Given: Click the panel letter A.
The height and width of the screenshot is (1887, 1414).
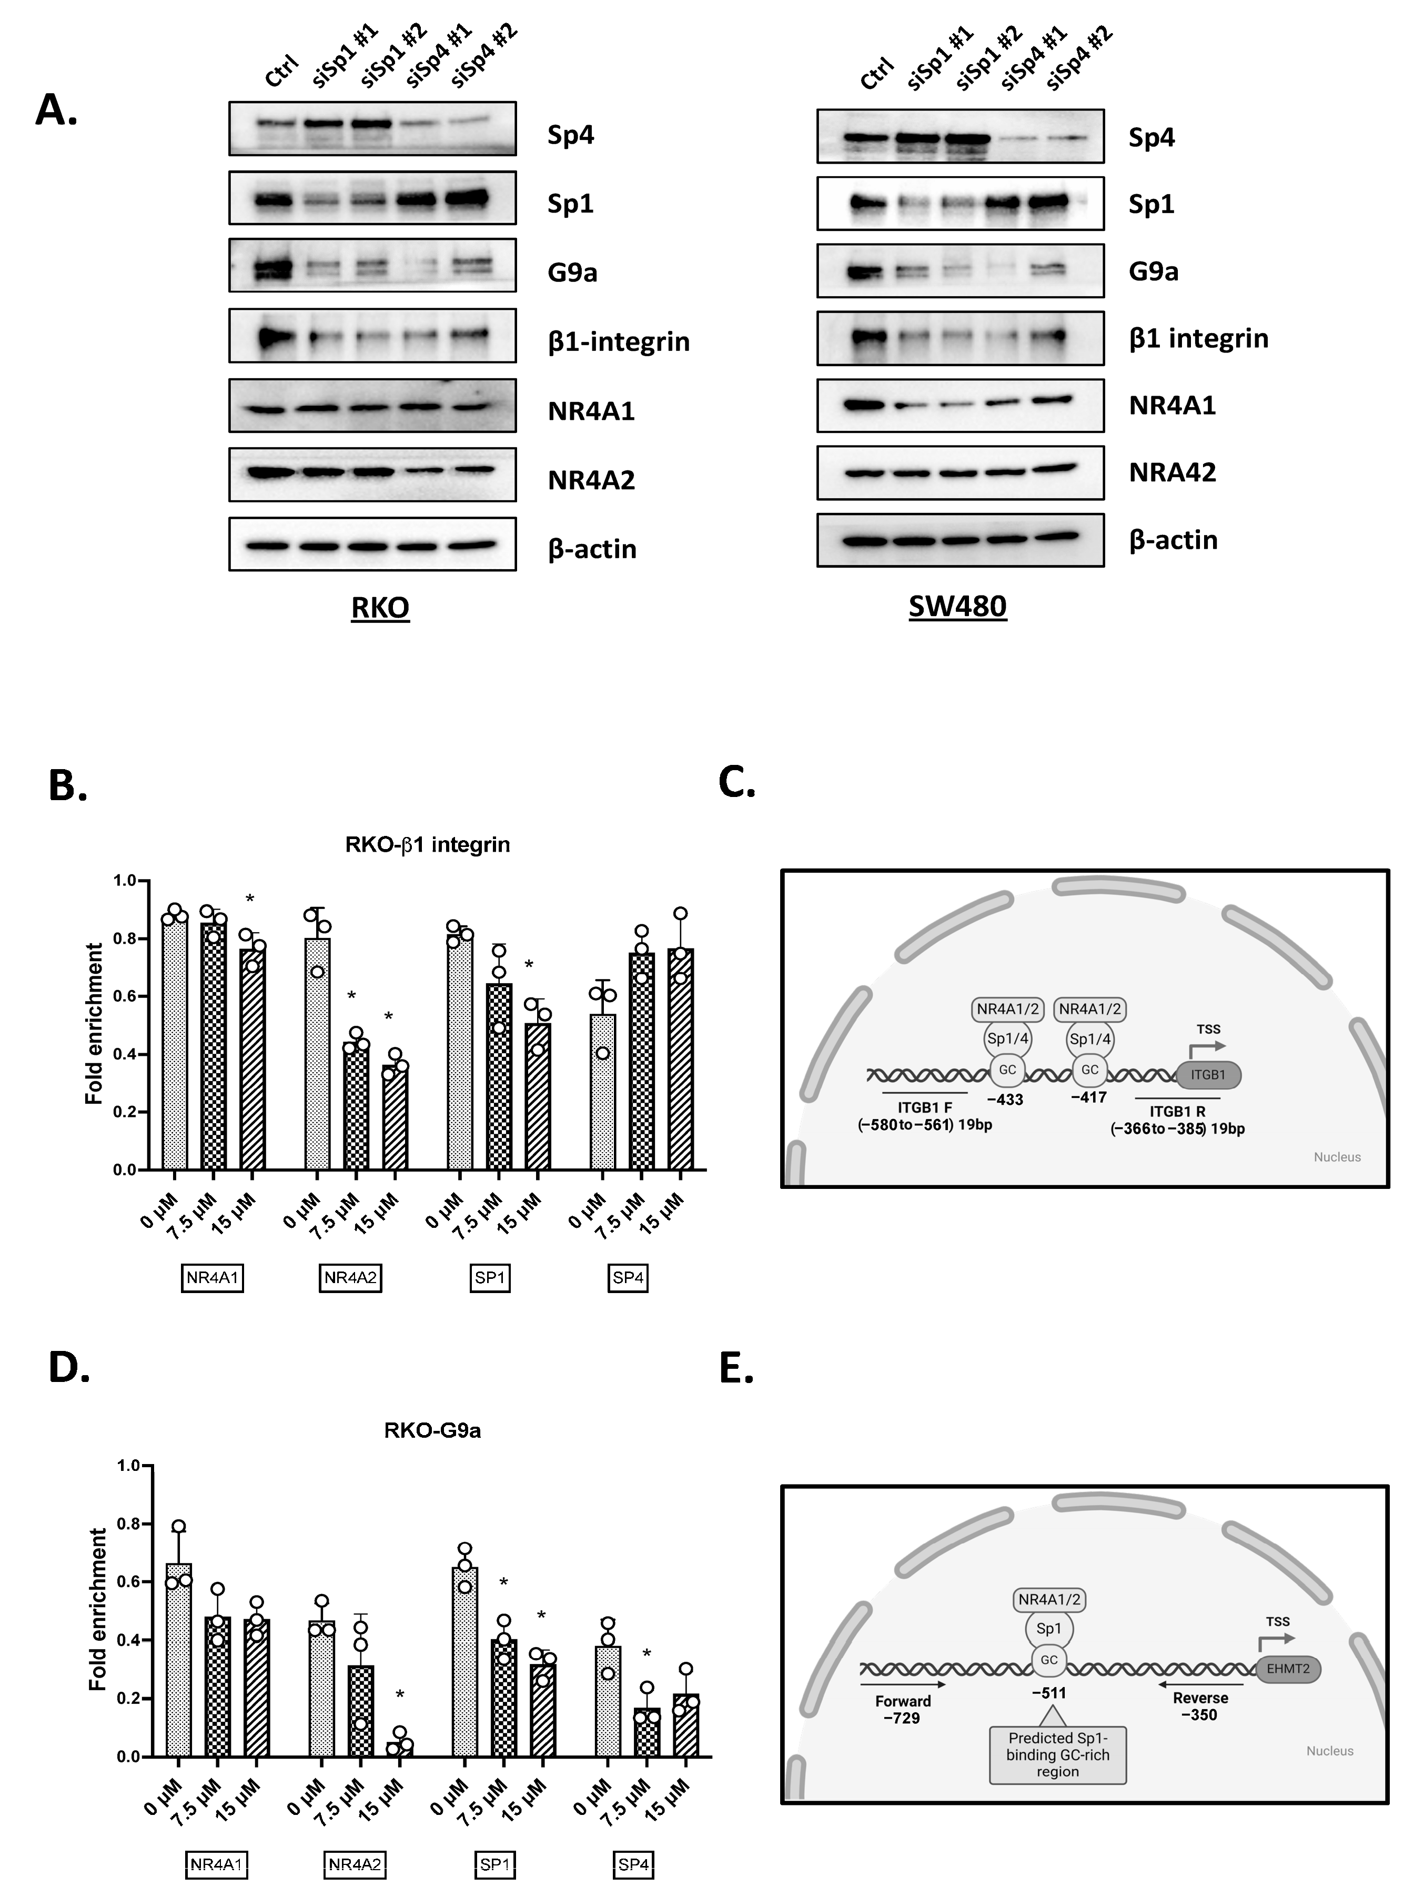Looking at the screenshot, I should (x=56, y=110).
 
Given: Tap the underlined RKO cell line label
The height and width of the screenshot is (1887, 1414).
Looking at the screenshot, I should (x=380, y=608).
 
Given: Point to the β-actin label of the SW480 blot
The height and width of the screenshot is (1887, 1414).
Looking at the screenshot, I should (x=1173, y=540).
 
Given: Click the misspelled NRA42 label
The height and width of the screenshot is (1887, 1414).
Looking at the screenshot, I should (x=1172, y=472).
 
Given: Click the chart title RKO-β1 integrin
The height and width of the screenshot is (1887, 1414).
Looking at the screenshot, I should (x=427, y=844).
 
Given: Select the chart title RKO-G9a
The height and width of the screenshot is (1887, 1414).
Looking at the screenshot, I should (x=432, y=1430).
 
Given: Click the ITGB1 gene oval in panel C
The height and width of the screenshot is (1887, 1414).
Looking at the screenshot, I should (x=1208, y=1075).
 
